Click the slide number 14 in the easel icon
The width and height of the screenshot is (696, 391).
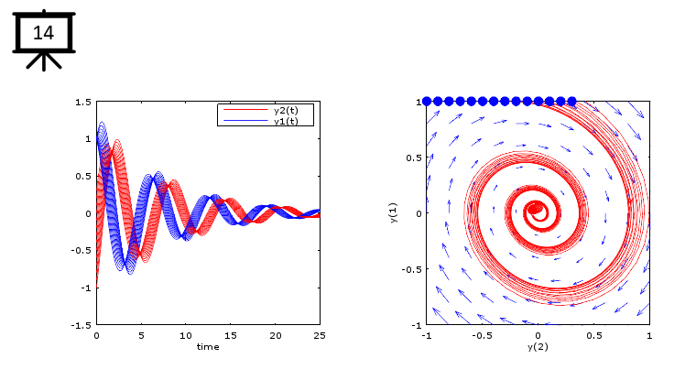43,34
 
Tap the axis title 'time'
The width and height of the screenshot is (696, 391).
208,346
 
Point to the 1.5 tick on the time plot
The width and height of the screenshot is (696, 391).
83,102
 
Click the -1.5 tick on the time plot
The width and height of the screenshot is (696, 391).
82,325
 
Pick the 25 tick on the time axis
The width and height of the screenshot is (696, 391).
320,335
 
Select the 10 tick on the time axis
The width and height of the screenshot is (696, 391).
186,335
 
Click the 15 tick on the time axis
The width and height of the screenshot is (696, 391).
231,335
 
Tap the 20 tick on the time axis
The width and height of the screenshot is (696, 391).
275,335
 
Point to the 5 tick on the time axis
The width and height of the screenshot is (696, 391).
141,335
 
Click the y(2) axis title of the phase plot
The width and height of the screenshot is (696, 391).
538,347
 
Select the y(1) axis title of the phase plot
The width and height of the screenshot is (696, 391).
394,213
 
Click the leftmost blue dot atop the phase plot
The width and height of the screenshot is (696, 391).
427,102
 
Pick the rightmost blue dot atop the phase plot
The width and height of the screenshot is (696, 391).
572,102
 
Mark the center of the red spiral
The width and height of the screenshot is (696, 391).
535,210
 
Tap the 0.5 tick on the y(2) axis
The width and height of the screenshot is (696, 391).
593,335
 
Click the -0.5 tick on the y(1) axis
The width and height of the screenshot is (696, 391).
411,269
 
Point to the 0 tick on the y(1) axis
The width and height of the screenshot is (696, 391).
416,213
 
